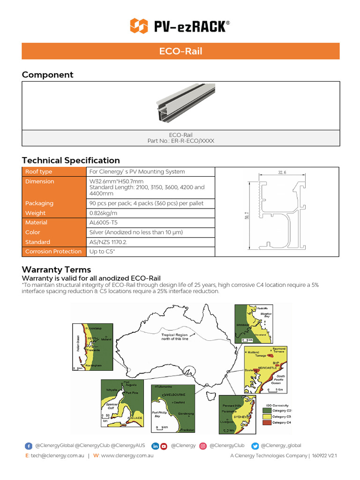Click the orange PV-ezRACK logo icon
139,26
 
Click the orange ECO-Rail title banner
180,51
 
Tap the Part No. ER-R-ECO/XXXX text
180,141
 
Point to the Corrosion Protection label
53,252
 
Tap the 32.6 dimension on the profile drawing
282,173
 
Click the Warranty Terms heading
56,270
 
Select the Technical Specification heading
71,160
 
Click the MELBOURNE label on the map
174,395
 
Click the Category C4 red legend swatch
266,422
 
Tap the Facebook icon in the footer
29,446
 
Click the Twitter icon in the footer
255,446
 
